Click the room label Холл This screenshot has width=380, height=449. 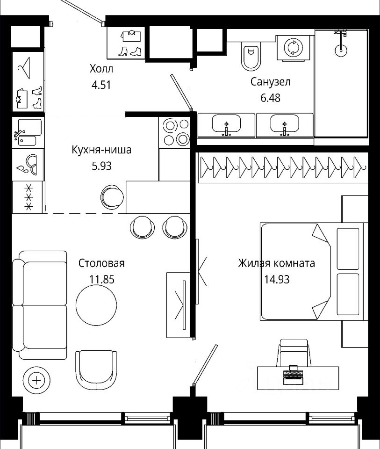pyautogui.click(x=101, y=69)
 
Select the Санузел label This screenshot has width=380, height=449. pyautogui.click(x=270, y=82)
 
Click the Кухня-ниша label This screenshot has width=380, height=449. pyautogui.click(x=101, y=150)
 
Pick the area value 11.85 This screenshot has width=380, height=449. pyautogui.click(x=101, y=279)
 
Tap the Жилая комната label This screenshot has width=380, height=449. pyautogui.click(x=276, y=263)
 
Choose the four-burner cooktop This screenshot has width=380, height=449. pyautogui.click(x=175, y=132)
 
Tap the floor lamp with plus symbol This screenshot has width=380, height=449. pyautogui.click(x=36, y=380)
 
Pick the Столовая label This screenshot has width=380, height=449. pyautogui.click(x=101, y=263)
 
